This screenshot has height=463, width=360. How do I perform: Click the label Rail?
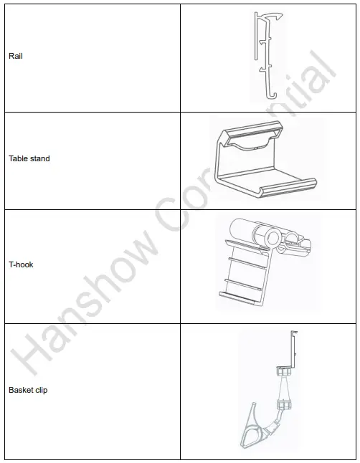[15, 56]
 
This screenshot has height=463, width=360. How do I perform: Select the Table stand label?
[29, 158]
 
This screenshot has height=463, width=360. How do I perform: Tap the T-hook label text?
[21, 264]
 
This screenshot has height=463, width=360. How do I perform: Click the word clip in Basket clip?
[41, 391]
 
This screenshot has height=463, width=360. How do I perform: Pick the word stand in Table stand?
[39, 158]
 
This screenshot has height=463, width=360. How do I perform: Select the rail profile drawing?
[265, 54]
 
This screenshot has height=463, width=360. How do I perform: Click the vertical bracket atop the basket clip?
[293, 348]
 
